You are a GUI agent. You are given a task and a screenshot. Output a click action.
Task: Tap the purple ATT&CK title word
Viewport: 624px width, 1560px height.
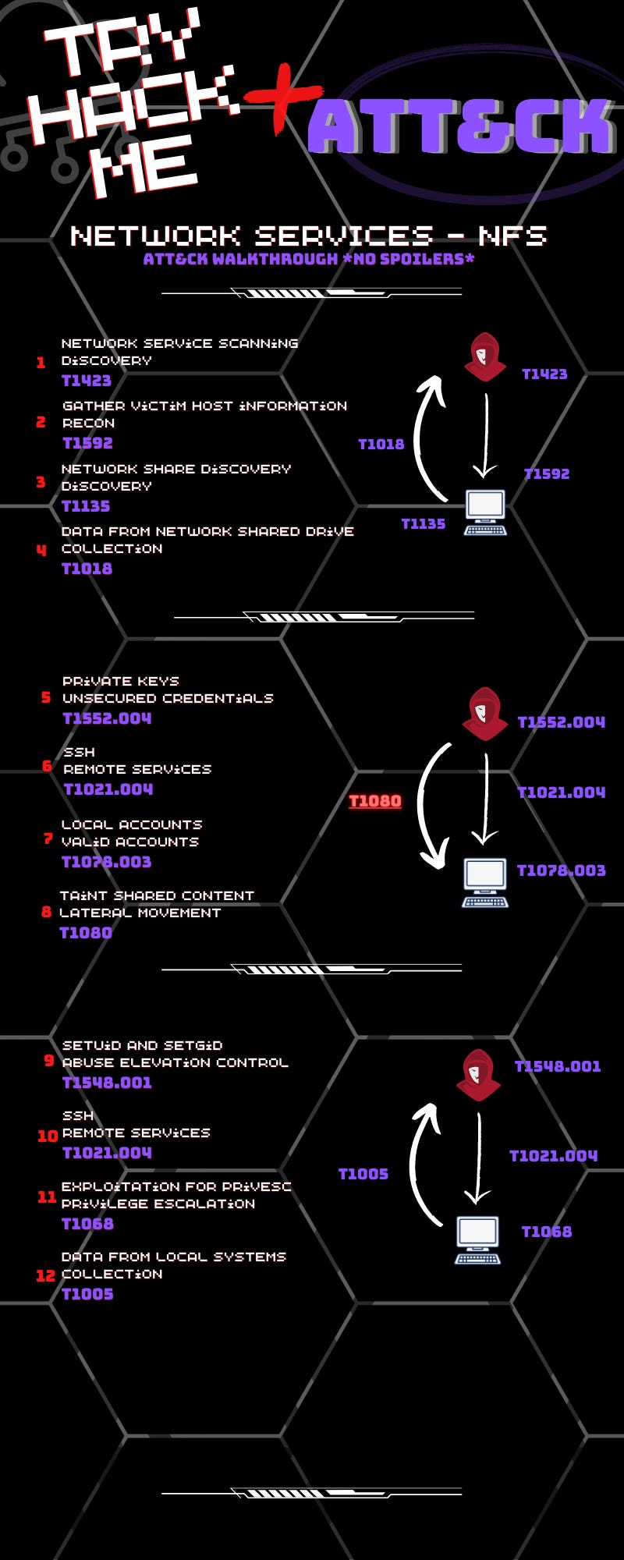(x=460, y=126)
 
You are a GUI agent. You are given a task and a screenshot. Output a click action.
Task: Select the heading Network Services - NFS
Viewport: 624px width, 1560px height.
(x=308, y=235)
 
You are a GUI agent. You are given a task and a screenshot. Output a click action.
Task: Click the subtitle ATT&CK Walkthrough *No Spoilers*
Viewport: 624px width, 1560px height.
(x=308, y=259)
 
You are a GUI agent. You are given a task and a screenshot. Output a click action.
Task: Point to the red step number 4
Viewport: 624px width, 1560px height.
(x=41, y=549)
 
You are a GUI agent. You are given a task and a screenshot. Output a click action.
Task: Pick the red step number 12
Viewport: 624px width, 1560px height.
(x=46, y=1275)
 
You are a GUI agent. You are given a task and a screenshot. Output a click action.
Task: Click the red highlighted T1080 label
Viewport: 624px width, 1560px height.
(x=374, y=801)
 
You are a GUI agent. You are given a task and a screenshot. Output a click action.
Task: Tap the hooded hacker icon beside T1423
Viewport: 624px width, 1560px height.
(x=484, y=357)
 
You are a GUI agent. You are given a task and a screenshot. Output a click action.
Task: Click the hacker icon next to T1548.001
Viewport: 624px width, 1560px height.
(x=478, y=1075)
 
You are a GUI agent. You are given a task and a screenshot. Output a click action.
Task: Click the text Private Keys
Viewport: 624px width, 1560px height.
(x=120, y=681)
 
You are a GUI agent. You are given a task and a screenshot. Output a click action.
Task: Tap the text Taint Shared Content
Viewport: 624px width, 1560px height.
(x=157, y=895)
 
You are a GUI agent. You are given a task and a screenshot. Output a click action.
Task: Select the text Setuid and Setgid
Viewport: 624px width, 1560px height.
(x=142, y=1045)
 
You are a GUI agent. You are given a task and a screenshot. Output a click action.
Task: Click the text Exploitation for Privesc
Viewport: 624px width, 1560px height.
(x=176, y=1186)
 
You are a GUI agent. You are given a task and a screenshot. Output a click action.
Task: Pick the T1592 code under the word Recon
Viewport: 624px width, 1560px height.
(x=88, y=443)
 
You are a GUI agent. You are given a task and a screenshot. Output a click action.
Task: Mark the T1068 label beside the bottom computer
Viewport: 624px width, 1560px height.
(x=546, y=1232)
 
